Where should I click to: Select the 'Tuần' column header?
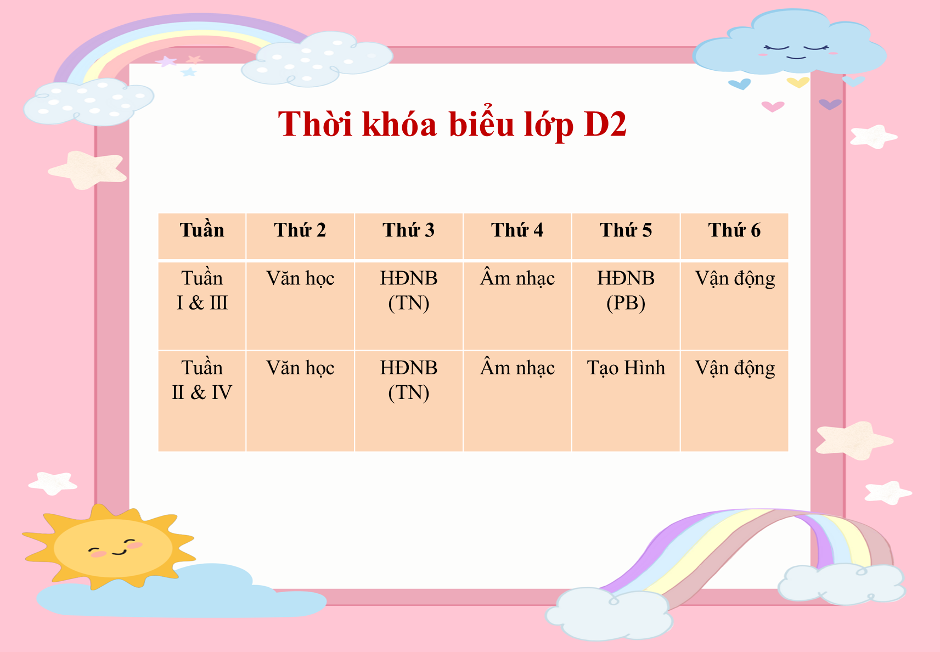point(202,229)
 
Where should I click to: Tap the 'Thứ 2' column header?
point(300,229)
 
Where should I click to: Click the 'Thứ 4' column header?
point(517,229)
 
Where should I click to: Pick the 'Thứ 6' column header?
point(734,229)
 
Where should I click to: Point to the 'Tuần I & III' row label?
point(202,290)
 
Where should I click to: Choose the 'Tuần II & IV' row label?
point(202,380)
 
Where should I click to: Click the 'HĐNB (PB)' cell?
point(626,290)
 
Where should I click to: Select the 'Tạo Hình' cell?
point(626,368)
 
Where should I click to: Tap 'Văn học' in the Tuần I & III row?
point(300,278)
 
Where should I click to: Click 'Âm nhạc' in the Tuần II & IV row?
point(517,367)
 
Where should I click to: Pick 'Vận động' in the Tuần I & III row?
point(734,279)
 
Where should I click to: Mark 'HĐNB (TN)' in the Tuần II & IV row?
point(409,380)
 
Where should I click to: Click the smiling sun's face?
point(113,548)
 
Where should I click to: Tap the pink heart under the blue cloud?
point(773,106)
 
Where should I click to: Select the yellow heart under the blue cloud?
point(798,82)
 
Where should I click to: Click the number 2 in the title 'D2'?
point(615,124)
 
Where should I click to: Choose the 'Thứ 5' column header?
point(626,229)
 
